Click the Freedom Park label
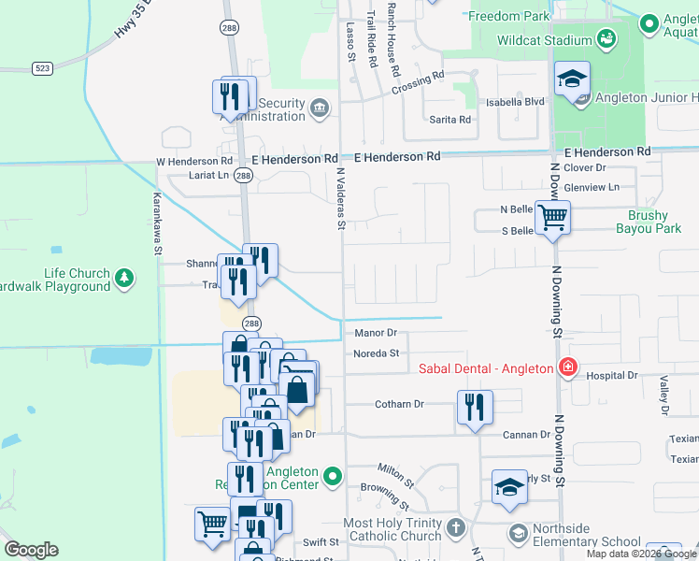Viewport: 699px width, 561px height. point(508,17)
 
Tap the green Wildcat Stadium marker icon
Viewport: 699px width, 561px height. point(606,39)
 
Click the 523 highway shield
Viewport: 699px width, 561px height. point(42,68)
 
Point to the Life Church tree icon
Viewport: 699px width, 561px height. point(123,277)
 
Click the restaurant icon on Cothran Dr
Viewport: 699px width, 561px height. point(475,407)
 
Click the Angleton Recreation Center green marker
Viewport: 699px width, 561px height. point(333,479)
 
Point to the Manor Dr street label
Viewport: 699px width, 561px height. point(377,333)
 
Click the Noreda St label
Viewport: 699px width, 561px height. point(377,353)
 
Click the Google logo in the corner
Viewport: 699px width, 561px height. point(31,550)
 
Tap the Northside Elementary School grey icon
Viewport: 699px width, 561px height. point(519,533)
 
